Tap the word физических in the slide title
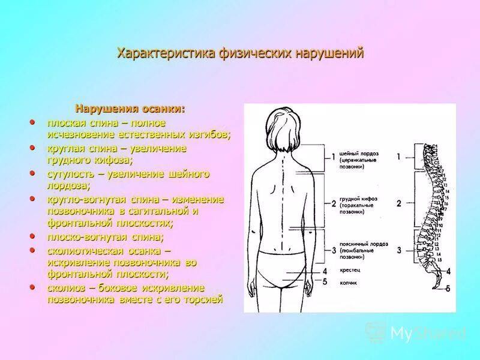pos(254,53)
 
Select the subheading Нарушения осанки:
pos(130,109)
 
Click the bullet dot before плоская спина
pos(32,122)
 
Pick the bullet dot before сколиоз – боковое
pos(32,288)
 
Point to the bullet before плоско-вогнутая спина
pos(32,236)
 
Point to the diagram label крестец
pos(349,271)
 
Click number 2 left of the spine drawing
pos(398,203)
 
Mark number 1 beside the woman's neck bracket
pos(334,157)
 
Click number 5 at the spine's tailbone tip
pos(448,289)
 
